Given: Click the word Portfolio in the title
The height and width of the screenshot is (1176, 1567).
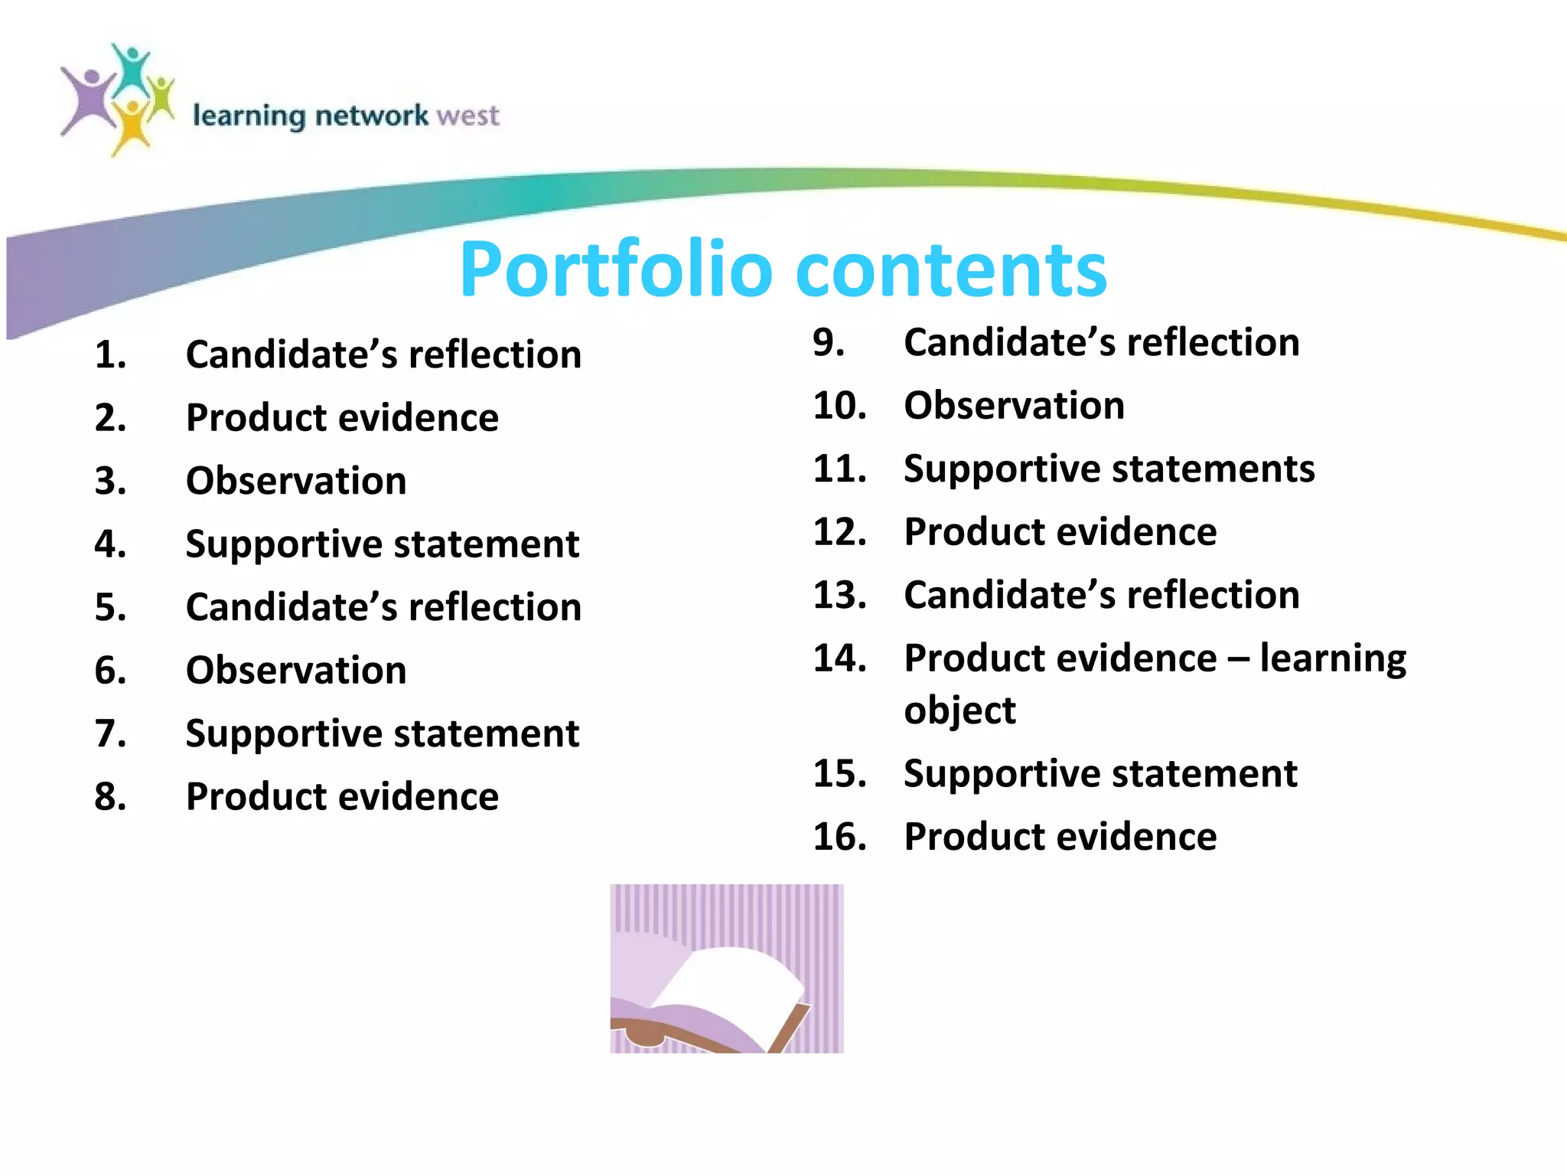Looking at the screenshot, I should click(x=616, y=269).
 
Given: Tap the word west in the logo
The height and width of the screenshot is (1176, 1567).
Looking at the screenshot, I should click(x=467, y=116).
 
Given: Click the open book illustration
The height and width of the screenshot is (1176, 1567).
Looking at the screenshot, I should click(x=727, y=969).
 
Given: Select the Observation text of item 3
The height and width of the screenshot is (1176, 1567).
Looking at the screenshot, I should click(x=296, y=481).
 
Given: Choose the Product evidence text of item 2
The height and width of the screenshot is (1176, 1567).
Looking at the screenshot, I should click(x=342, y=418).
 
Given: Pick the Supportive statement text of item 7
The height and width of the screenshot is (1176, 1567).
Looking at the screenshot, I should click(x=383, y=733).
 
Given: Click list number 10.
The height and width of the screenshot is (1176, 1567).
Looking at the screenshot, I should click(x=839, y=405).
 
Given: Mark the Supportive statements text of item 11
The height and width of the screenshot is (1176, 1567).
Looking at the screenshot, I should click(x=1109, y=469).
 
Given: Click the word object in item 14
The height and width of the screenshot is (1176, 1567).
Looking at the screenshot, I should click(x=959, y=710).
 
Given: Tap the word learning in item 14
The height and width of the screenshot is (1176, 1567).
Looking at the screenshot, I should click(x=1333, y=658).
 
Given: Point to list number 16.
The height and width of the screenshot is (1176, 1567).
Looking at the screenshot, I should click(x=839, y=836).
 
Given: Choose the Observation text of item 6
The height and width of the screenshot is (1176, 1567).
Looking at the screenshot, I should click(x=296, y=670).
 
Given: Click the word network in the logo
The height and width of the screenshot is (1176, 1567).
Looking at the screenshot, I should click(x=372, y=116).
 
